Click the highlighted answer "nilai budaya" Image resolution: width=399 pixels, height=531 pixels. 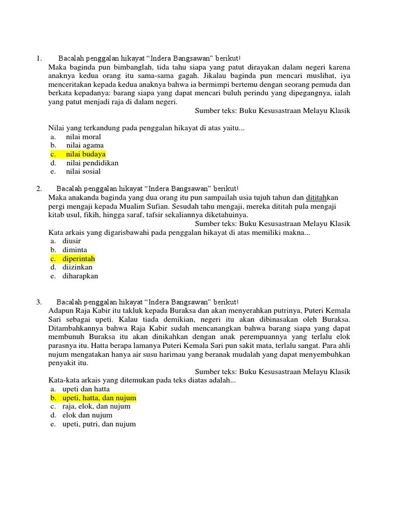pos(85,154)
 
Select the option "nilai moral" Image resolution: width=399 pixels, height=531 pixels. pos(83,137)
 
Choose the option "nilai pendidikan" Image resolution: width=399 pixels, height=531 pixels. pos(92,163)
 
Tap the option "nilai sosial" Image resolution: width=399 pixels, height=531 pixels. pos(83,171)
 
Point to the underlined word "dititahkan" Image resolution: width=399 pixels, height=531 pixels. pos(322,198)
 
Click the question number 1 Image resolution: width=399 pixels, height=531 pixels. pos(39,59)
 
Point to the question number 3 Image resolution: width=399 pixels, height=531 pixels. pos(39,302)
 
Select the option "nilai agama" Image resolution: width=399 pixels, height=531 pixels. pos(85,145)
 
